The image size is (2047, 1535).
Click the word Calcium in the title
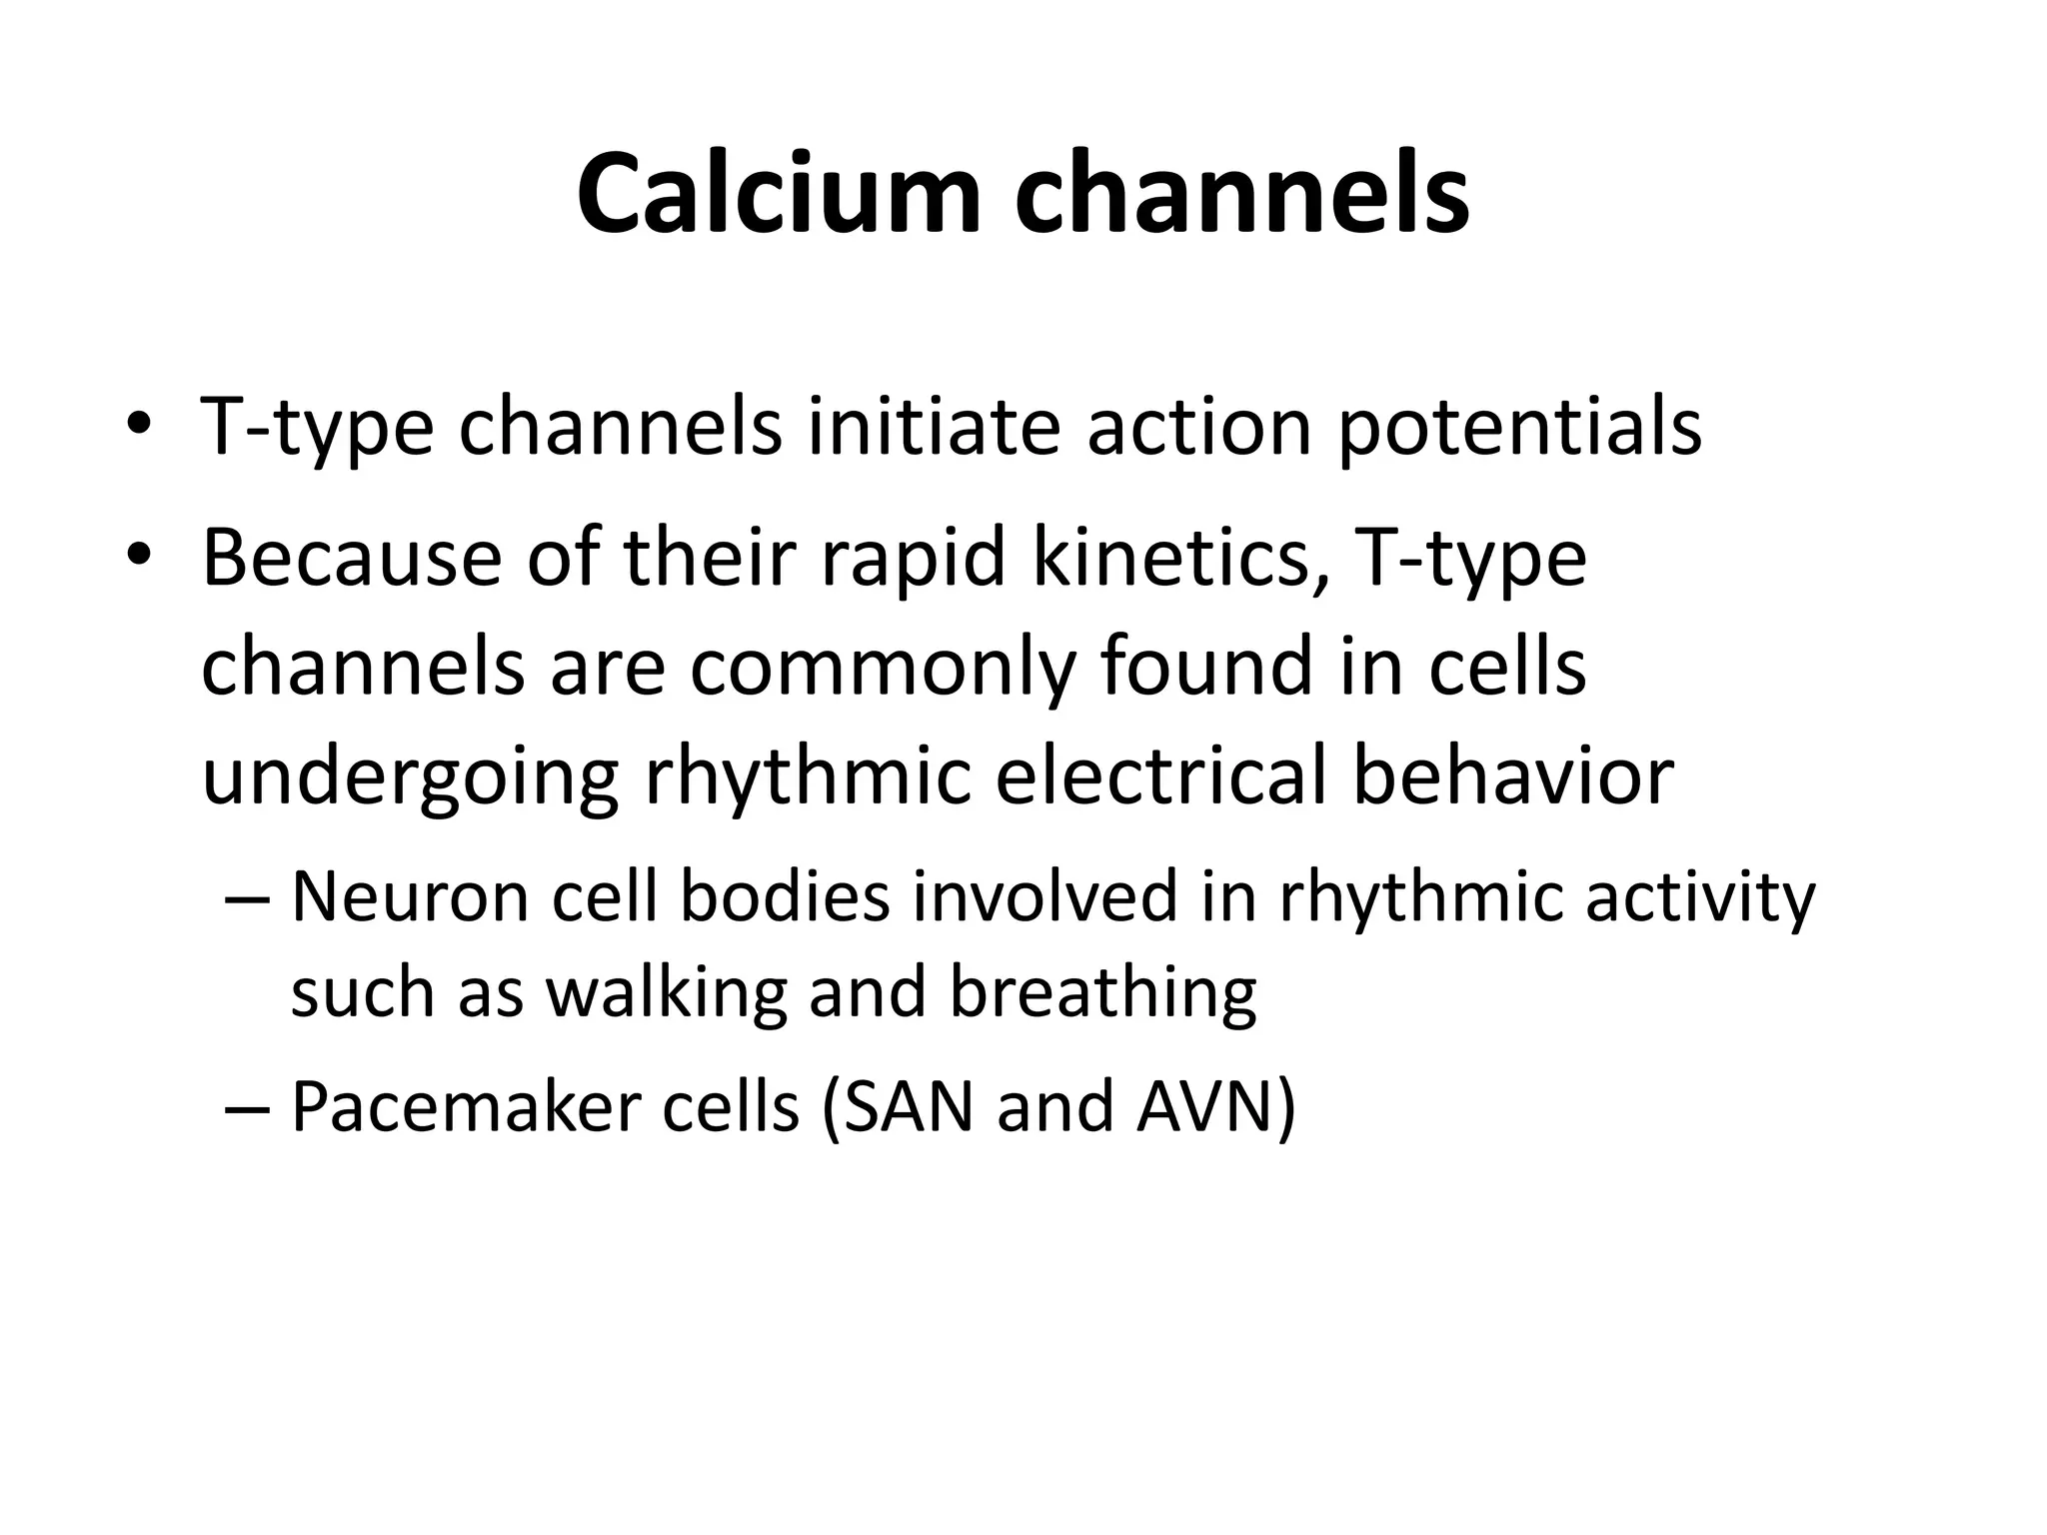[779, 194]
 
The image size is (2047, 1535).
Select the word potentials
[1518, 427]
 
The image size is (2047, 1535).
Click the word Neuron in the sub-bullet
[410, 896]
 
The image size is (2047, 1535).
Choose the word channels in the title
[1241, 194]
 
